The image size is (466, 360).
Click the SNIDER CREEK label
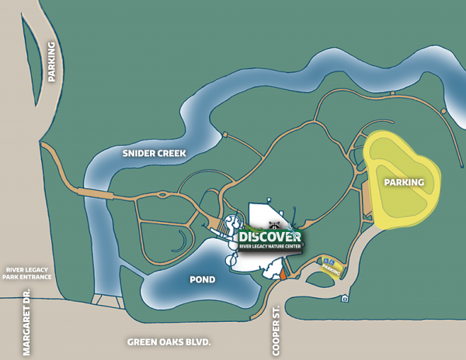[x=154, y=154]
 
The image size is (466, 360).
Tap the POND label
[x=202, y=279]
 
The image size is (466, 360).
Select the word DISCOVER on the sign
[x=269, y=236]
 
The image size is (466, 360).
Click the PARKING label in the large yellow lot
[x=404, y=182]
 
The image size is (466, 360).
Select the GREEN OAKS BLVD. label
[x=169, y=341]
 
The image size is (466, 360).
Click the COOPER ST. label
[x=276, y=331]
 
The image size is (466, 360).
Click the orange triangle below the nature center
[x=283, y=272]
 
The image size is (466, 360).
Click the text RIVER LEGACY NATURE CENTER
[x=270, y=247]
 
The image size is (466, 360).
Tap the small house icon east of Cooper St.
[x=345, y=299]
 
